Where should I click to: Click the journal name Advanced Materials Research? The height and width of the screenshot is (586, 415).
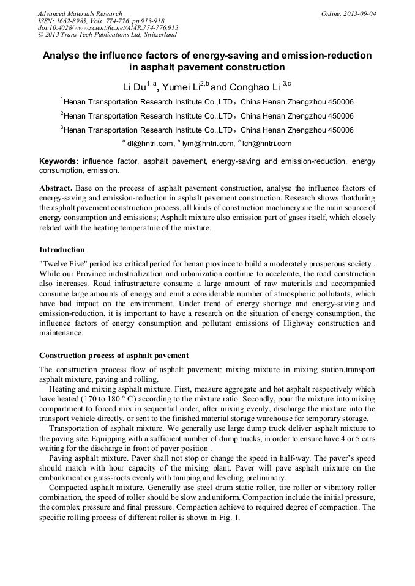(x=80, y=13)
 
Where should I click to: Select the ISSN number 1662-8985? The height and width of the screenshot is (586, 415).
(x=70, y=21)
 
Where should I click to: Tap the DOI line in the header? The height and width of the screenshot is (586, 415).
(x=108, y=28)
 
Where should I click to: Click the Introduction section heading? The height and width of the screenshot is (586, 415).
(x=62, y=249)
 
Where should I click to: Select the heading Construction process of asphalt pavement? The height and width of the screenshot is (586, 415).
(x=114, y=356)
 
